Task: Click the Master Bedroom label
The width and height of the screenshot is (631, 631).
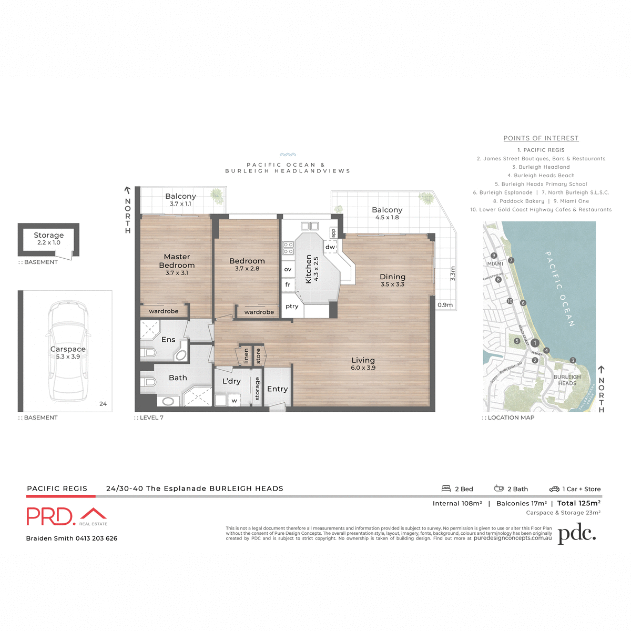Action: (x=177, y=261)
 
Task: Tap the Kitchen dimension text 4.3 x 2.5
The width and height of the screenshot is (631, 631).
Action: (x=316, y=269)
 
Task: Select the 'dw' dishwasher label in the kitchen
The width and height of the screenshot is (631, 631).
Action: (x=330, y=247)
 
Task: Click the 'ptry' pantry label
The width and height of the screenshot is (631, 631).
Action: (x=292, y=307)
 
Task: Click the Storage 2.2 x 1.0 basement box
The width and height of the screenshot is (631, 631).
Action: (x=49, y=239)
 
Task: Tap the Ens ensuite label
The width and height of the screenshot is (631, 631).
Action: (x=168, y=340)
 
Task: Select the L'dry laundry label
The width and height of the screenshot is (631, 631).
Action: (x=231, y=381)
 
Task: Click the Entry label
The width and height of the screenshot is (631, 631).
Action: (x=277, y=389)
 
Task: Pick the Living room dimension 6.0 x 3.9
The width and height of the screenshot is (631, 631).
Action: (x=363, y=368)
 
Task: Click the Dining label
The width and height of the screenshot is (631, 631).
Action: (x=393, y=277)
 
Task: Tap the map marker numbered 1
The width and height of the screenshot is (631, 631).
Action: (x=534, y=343)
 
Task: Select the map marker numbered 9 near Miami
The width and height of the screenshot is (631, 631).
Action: (x=494, y=256)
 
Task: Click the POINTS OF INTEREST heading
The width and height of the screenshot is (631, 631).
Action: (x=541, y=138)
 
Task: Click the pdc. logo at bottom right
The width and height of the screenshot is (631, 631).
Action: (x=576, y=534)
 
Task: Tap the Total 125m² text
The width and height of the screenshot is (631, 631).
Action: (x=578, y=503)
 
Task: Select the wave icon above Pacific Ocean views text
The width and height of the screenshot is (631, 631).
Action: (x=288, y=155)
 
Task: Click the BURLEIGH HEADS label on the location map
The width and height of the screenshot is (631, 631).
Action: (x=567, y=380)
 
